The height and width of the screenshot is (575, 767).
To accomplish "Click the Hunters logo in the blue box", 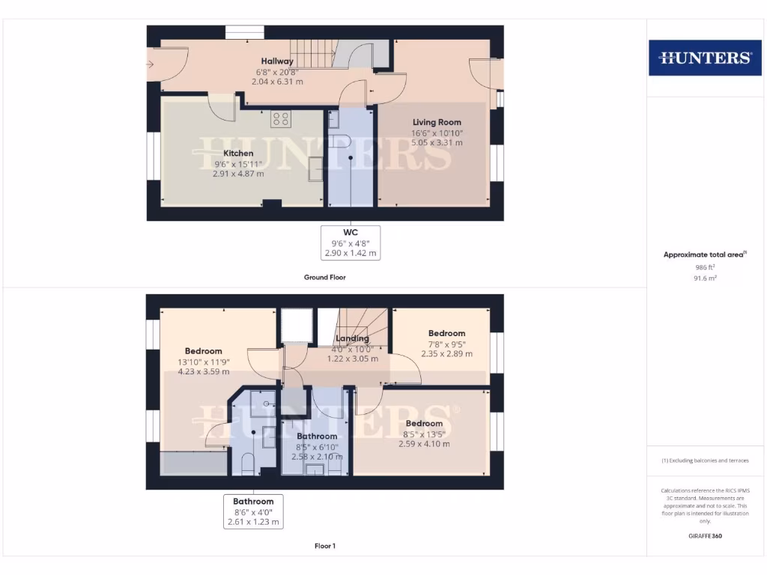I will coord(704,58).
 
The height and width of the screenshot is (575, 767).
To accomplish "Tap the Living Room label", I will coord(437,122).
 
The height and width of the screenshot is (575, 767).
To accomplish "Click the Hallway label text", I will coord(277,61).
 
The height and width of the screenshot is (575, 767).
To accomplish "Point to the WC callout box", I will coord(351,243).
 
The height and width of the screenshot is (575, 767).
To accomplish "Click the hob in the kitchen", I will coord(281,118).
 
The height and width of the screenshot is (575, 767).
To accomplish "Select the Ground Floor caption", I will coord(324,277).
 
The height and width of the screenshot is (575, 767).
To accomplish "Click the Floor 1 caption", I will coord(324,546).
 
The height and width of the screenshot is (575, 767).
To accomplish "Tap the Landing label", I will coord(352,338).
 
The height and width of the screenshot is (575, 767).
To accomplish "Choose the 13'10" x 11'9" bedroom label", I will coord(204,351).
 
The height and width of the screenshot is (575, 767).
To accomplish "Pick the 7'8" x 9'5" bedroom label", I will coord(446,333).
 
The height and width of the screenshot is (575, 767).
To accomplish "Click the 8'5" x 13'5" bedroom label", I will coord(424,423).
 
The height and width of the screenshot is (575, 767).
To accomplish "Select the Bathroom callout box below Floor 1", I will coord(253,511).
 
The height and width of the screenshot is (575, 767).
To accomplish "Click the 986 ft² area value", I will coord(704,267).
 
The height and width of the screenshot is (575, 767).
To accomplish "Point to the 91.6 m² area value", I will coord(704,278).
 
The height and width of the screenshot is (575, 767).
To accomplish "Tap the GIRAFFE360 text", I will coord(704,536).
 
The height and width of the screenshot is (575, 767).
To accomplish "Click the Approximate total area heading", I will coord(704,255).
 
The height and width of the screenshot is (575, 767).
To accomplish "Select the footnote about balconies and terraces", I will coord(704,460).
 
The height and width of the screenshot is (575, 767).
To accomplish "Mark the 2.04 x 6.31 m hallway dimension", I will coord(277,82).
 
